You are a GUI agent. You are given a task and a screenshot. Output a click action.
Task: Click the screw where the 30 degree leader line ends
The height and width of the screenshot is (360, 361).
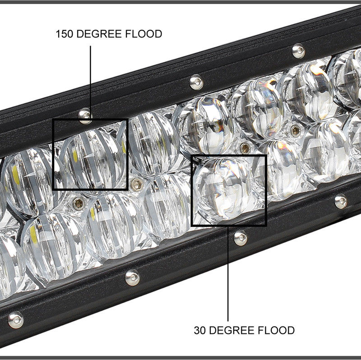point(240,236)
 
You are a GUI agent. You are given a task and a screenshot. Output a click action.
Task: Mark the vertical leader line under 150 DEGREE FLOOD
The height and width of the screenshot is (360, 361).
point(90,77)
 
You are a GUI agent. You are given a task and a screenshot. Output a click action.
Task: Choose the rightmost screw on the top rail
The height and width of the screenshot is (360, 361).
point(298,50)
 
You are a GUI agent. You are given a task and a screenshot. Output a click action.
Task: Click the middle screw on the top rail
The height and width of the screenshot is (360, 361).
point(195,82)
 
